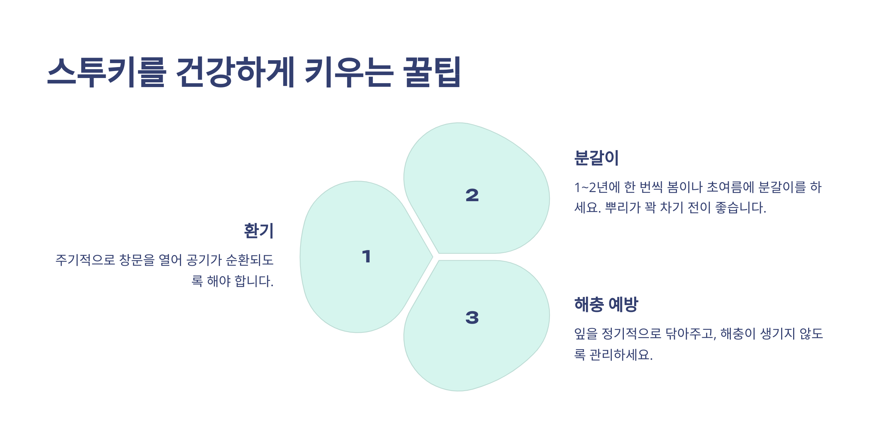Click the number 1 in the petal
pos(366,256)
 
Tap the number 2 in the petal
pos(472,195)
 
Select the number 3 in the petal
pos(472,317)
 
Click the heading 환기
pos(259,231)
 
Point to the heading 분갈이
pos(596,158)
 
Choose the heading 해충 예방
pos(606,304)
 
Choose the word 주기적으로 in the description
pos(85,260)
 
